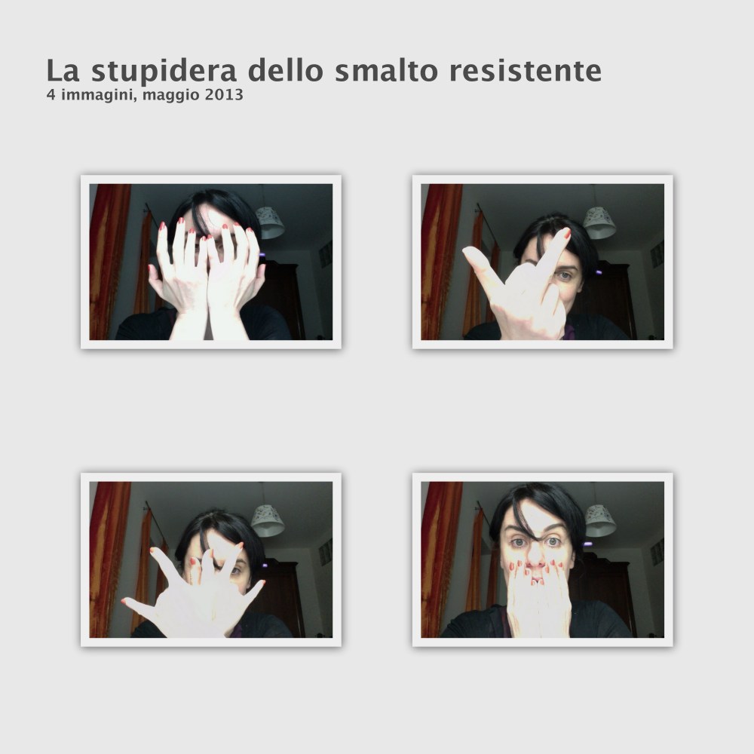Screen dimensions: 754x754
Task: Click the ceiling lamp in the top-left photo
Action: [269, 222]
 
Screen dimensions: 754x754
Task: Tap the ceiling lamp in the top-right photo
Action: [599, 222]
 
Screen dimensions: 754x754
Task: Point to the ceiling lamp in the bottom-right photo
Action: [599, 520]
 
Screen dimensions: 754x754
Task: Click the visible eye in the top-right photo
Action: [564, 276]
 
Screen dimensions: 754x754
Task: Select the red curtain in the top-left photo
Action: [109, 260]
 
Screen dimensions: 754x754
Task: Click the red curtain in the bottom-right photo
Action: [440, 558]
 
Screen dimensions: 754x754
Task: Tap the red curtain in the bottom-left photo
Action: [109, 558]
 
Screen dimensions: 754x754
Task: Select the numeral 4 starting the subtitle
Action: [51, 96]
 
